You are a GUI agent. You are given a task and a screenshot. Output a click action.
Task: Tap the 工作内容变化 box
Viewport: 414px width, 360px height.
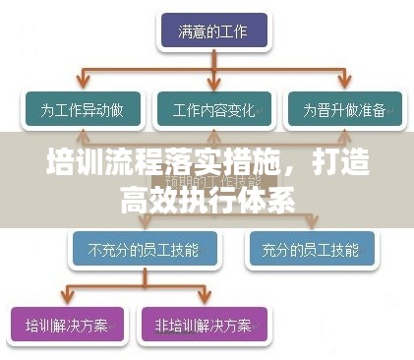tap(212, 109)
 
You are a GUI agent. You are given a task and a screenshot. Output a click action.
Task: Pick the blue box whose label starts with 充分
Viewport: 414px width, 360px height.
tap(312, 250)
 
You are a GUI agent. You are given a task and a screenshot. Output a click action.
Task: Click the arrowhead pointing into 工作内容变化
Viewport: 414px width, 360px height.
tap(212, 88)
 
